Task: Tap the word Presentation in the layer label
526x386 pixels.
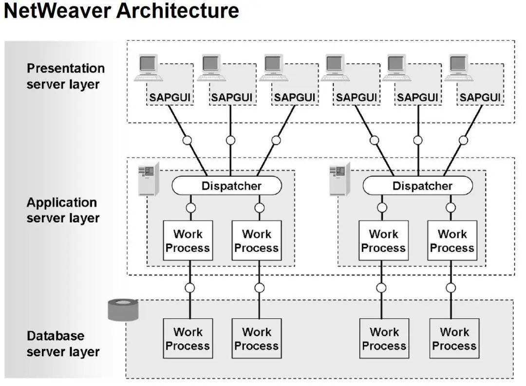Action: click(66, 68)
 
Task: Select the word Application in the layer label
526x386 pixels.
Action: click(62, 203)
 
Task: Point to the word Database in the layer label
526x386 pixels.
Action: click(56, 336)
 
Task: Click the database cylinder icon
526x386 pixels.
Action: click(123, 310)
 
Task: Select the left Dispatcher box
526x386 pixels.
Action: click(227, 185)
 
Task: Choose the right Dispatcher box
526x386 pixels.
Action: click(418, 185)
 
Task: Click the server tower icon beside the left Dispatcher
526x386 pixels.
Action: click(149, 179)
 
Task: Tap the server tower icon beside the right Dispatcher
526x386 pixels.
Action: click(340, 179)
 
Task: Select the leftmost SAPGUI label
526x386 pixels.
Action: click(170, 98)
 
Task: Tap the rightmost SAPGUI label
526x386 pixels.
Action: click(480, 98)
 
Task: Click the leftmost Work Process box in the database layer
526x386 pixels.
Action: click(188, 338)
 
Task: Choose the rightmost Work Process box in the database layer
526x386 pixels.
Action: click(454, 338)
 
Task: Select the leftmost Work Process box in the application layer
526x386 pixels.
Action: click(188, 241)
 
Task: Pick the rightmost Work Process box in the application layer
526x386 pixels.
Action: click(452, 241)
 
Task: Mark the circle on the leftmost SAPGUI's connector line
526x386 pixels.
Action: click(187, 140)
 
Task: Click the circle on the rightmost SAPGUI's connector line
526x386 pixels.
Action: click(463, 140)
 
